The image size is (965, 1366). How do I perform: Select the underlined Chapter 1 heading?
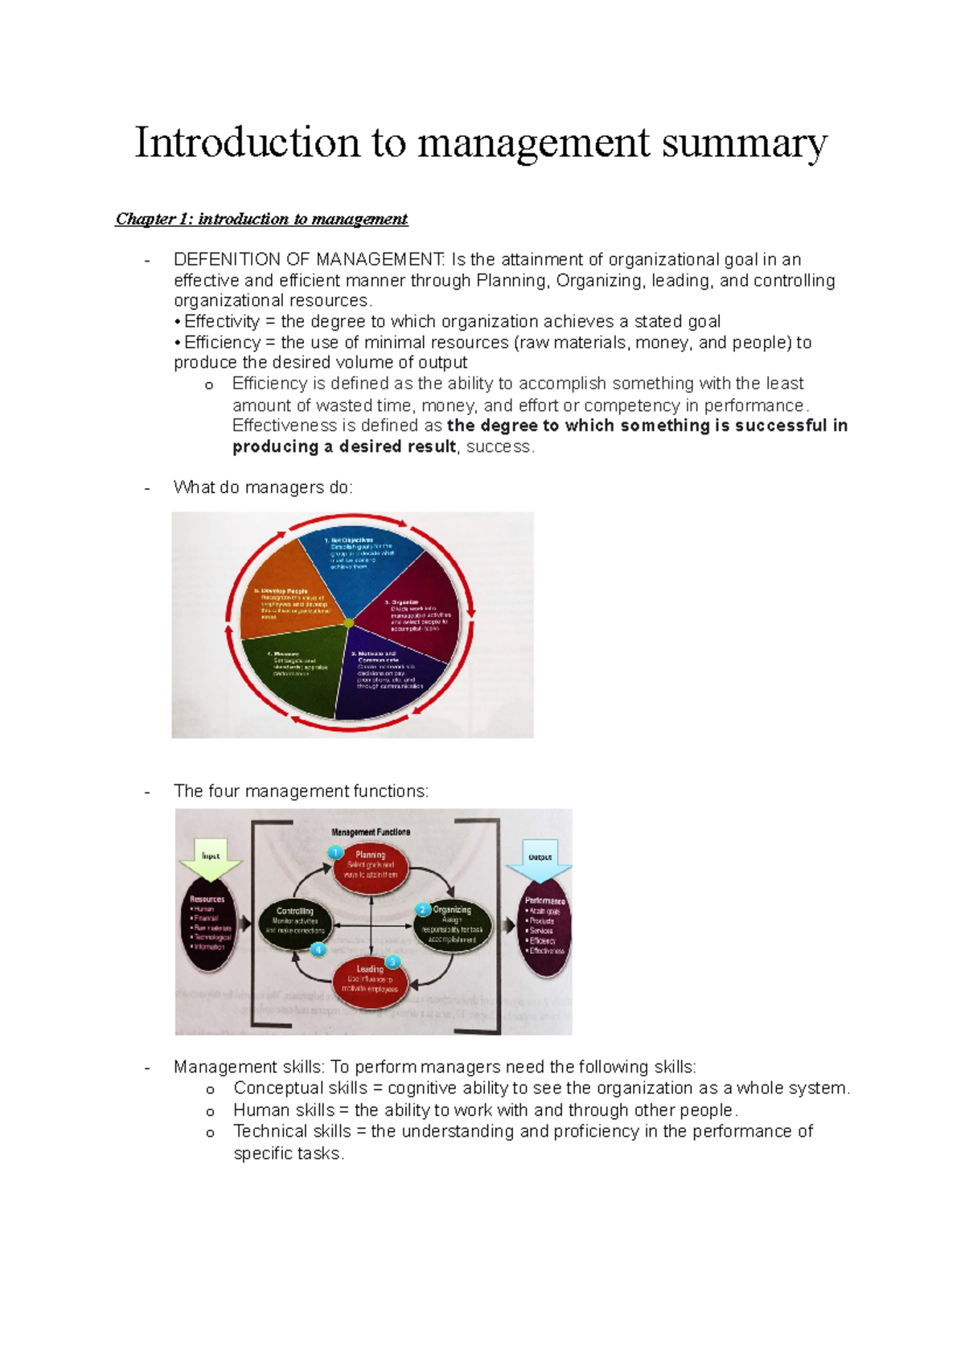point(261,219)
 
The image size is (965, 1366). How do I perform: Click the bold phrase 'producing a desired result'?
point(344,446)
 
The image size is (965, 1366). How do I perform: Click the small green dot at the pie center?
point(348,623)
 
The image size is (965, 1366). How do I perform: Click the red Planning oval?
point(371,867)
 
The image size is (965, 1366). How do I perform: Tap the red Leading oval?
point(371,980)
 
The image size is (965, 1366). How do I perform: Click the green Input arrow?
point(211,859)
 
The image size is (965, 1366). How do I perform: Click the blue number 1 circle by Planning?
point(336,853)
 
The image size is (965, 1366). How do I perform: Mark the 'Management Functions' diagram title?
point(371,832)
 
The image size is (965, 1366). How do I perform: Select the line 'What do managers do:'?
point(263,488)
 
